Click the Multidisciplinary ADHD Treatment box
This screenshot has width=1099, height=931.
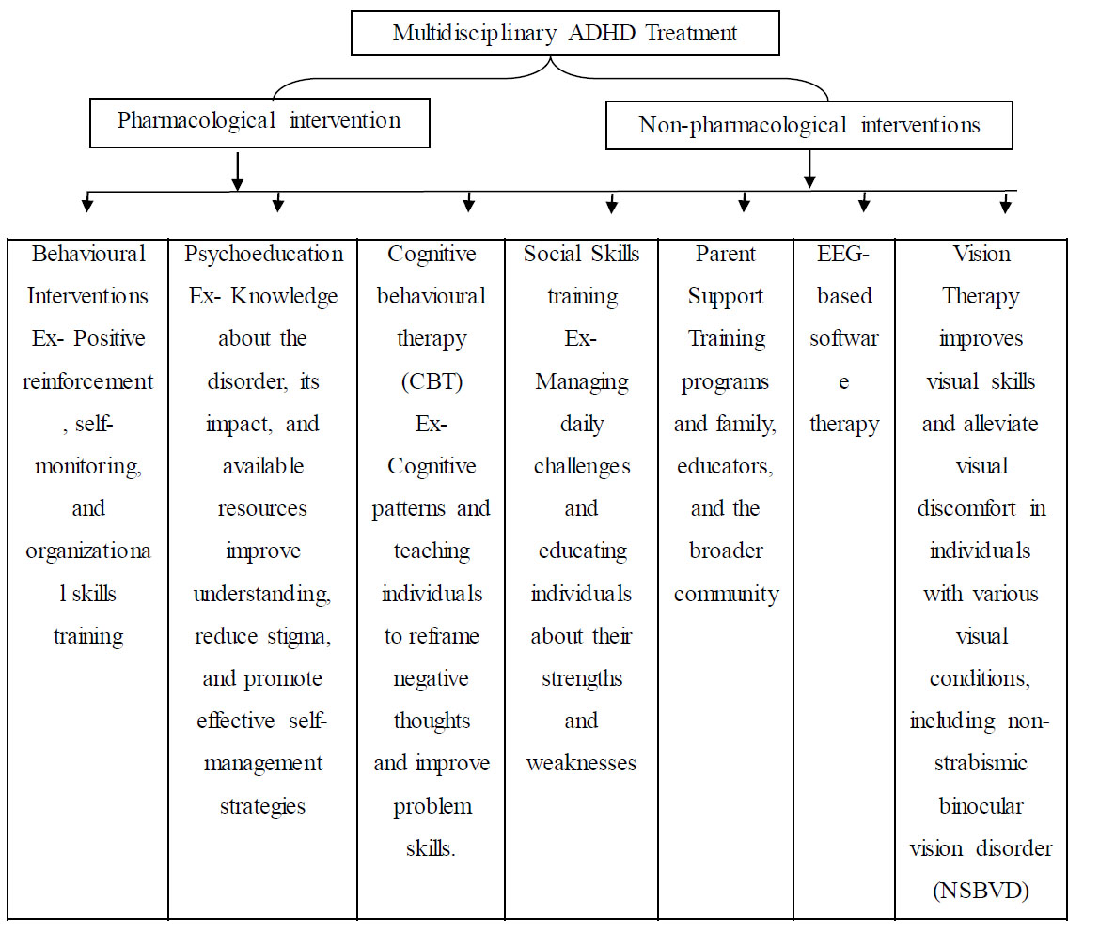(x=565, y=33)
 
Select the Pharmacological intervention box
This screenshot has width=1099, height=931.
(x=259, y=122)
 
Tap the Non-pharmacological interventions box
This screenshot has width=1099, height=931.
(x=809, y=125)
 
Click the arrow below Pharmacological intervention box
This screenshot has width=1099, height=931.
(x=238, y=171)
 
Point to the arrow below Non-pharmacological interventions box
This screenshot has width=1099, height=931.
(x=809, y=169)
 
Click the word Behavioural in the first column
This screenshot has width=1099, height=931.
(x=88, y=254)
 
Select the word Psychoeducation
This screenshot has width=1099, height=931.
(x=263, y=254)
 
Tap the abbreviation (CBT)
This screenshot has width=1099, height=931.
(x=432, y=381)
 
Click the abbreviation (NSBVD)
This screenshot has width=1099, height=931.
(x=981, y=891)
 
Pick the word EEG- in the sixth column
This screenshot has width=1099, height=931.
(x=843, y=254)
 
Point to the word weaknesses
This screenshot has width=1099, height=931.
(x=581, y=763)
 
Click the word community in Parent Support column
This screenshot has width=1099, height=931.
(x=726, y=594)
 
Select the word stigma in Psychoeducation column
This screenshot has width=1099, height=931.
(x=299, y=637)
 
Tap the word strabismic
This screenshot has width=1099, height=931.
(x=981, y=763)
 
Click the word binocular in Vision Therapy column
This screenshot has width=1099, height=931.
(x=981, y=806)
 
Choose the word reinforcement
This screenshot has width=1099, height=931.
(x=87, y=381)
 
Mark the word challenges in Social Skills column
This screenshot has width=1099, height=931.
(x=582, y=467)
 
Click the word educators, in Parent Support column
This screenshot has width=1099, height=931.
(x=726, y=467)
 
